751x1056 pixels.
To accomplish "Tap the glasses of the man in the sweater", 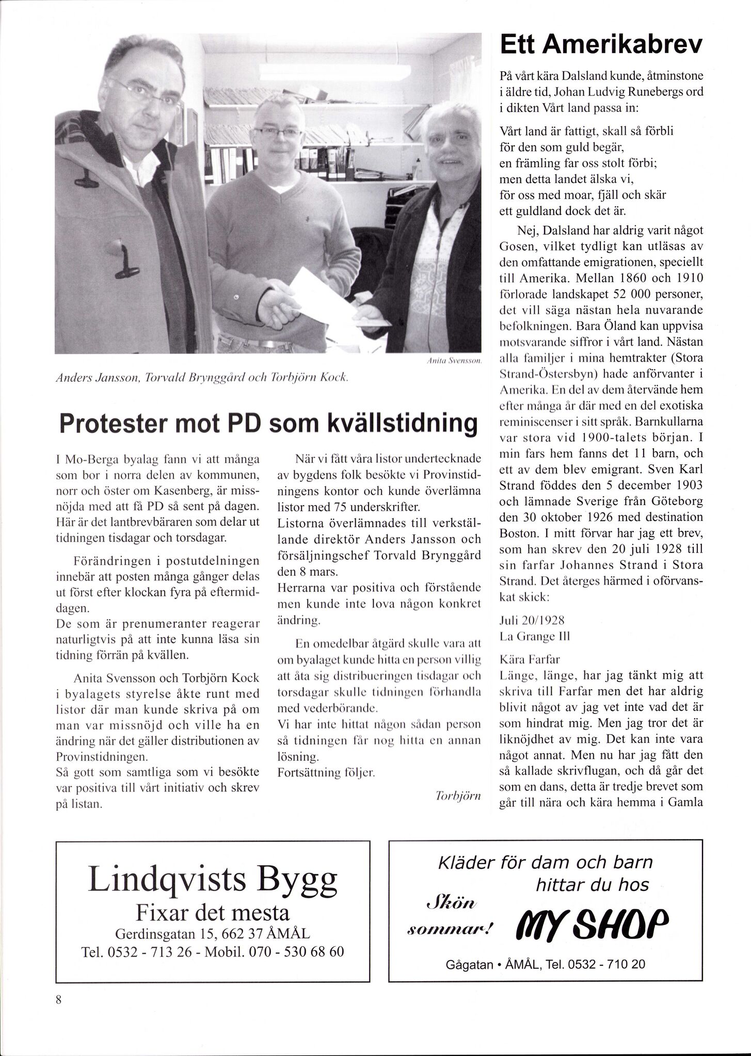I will (278, 132).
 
